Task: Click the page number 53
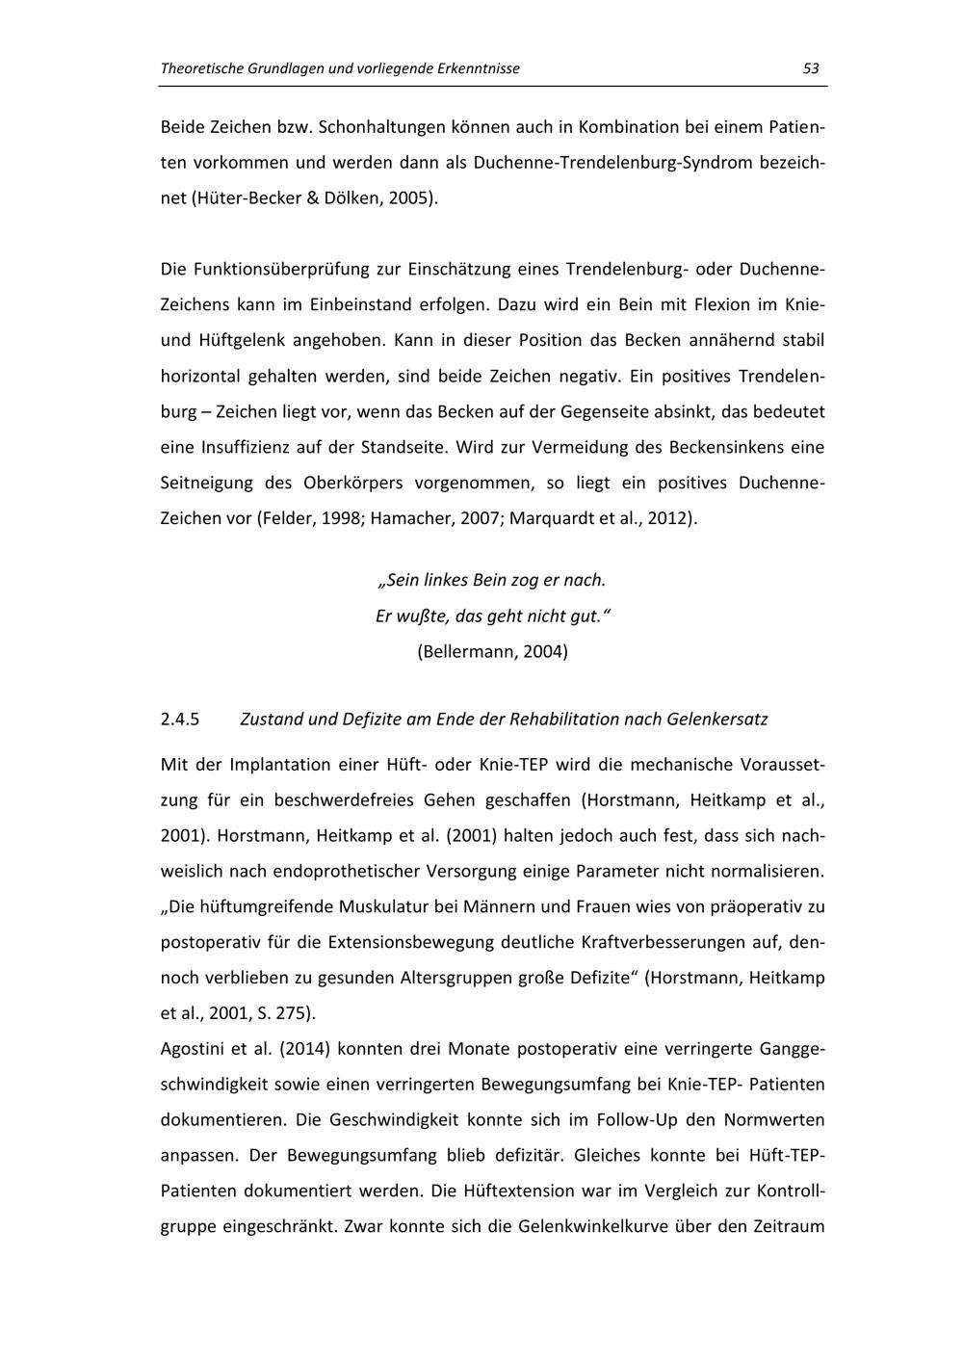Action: [810, 68]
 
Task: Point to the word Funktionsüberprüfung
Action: [295, 269]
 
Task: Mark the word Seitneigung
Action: [205, 483]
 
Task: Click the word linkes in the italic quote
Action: [444, 580]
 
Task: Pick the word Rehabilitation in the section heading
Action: [563, 720]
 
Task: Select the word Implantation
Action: [279, 765]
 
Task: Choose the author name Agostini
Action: [195, 1049]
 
